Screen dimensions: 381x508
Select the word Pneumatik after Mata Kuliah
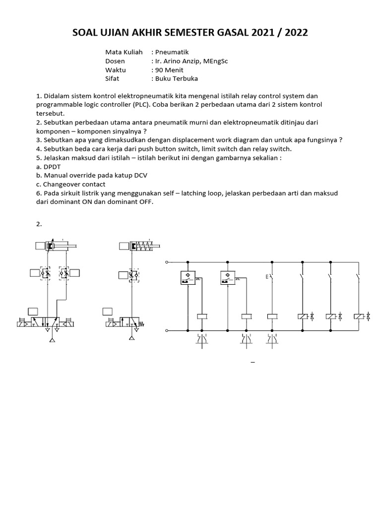pos(172,52)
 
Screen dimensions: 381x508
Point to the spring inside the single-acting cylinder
pos(145,246)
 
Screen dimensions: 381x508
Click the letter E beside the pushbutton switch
pos(267,277)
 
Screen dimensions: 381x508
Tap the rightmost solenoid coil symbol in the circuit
pos(358,316)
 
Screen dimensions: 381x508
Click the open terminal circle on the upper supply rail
pos(167,262)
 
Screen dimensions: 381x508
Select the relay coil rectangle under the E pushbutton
pos(272,316)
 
